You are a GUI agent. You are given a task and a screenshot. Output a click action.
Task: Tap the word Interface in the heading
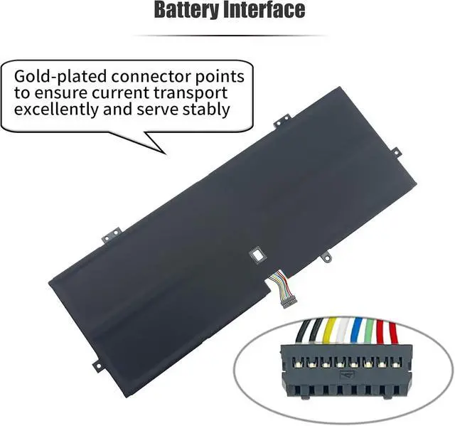269,11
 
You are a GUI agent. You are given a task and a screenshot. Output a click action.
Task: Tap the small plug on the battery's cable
293,287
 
